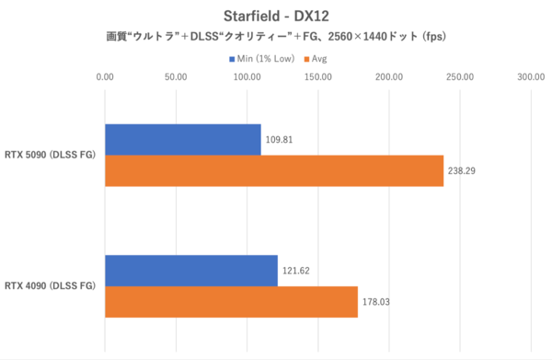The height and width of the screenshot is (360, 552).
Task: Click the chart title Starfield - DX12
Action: click(x=275, y=16)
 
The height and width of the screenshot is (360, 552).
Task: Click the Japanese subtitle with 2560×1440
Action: click(x=276, y=37)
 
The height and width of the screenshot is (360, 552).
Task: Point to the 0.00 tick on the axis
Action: click(x=105, y=77)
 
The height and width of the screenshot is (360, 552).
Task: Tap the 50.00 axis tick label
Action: click(x=176, y=77)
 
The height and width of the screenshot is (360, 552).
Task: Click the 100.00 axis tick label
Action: click(x=247, y=77)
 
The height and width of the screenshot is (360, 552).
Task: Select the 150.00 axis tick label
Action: click(x=317, y=77)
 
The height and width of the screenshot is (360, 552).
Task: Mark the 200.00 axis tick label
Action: click(x=388, y=77)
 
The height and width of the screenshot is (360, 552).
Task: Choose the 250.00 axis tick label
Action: click(x=459, y=77)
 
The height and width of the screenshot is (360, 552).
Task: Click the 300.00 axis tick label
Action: click(x=530, y=77)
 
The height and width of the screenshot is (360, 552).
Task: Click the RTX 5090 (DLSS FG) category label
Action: click(x=52, y=156)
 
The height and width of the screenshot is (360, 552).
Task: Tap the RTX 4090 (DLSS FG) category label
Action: click(x=52, y=286)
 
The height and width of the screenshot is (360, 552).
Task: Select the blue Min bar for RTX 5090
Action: click(x=182, y=140)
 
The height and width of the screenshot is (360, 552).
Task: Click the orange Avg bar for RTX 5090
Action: click(x=273, y=171)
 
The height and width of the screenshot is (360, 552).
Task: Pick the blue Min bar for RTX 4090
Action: click(x=190, y=271)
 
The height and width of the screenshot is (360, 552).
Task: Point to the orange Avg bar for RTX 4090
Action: click(x=231, y=302)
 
